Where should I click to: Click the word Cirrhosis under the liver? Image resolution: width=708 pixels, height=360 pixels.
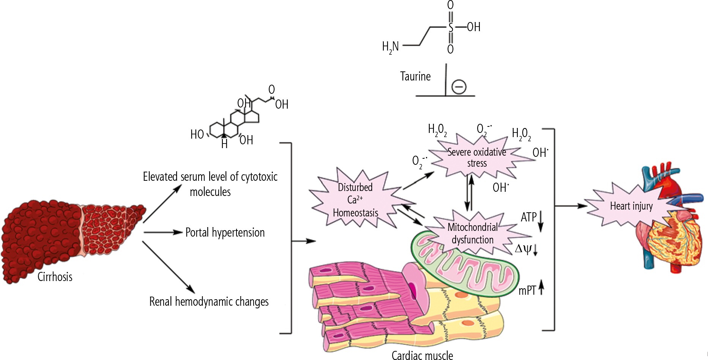pos(55,276)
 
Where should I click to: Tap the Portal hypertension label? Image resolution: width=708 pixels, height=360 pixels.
pos(225,232)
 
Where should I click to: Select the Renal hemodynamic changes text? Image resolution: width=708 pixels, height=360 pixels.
pos(209,302)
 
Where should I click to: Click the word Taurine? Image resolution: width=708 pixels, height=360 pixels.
pos(415,76)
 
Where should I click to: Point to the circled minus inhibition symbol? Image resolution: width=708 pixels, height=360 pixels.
pos(459,87)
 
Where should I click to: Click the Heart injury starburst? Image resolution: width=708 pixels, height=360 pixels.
pos(631,206)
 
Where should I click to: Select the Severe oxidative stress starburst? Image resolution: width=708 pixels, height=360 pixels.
pos(477,157)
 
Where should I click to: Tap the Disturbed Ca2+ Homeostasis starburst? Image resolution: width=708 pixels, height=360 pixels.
pos(355,200)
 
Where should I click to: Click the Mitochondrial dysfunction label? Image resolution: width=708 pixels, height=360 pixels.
pos(472,233)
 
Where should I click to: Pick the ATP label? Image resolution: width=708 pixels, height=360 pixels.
pos(528,217)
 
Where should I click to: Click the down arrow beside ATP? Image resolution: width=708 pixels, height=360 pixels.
pos(541,221)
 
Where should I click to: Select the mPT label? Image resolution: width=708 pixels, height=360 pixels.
pos(527,291)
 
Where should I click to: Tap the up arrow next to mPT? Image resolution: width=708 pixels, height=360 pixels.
pos(541,287)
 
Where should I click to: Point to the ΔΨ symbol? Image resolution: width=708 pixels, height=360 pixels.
pos(522,249)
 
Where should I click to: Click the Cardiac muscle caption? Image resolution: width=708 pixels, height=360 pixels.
pos(422,355)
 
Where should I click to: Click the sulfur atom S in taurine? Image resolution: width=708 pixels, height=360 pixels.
pos(451,27)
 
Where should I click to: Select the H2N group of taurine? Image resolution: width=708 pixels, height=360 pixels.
pos(390,47)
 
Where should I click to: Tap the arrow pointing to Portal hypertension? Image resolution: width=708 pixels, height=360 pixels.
pos(163,232)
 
